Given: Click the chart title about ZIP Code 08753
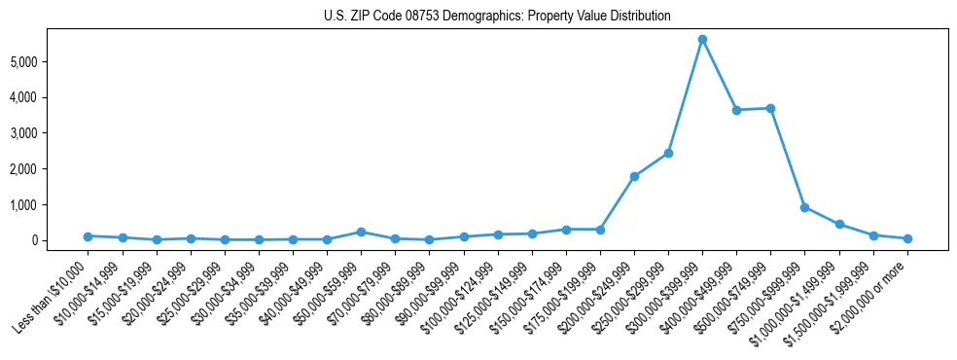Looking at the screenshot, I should pyautogui.click(x=497, y=17).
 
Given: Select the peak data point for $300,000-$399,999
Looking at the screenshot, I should pyautogui.click(x=702, y=39).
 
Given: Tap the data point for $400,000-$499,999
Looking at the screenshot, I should pyautogui.click(x=736, y=110).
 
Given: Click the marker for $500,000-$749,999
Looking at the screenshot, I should pyautogui.click(x=770, y=108).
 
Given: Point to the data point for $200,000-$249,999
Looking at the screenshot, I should pyautogui.click(x=634, y=176).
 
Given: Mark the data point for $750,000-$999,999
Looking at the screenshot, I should pyautogui.click(x=804, y=207).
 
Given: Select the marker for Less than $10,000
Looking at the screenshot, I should pyautogui.click(x=88, y=236).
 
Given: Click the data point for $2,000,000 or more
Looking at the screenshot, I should pyautogui.click(x=907, y=238).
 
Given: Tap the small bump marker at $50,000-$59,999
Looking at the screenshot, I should pyautogui.click(x=361, y=232).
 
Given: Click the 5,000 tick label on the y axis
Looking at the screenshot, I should pyautogui.click(x=47, y=62).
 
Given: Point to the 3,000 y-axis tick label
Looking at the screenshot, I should pyautogui.click(x=47, y=133).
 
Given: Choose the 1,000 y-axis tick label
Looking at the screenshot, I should pyautogui.click(x=47, y=205).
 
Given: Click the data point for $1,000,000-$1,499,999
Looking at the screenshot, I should pyautogui.click(x=838, y=225).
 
